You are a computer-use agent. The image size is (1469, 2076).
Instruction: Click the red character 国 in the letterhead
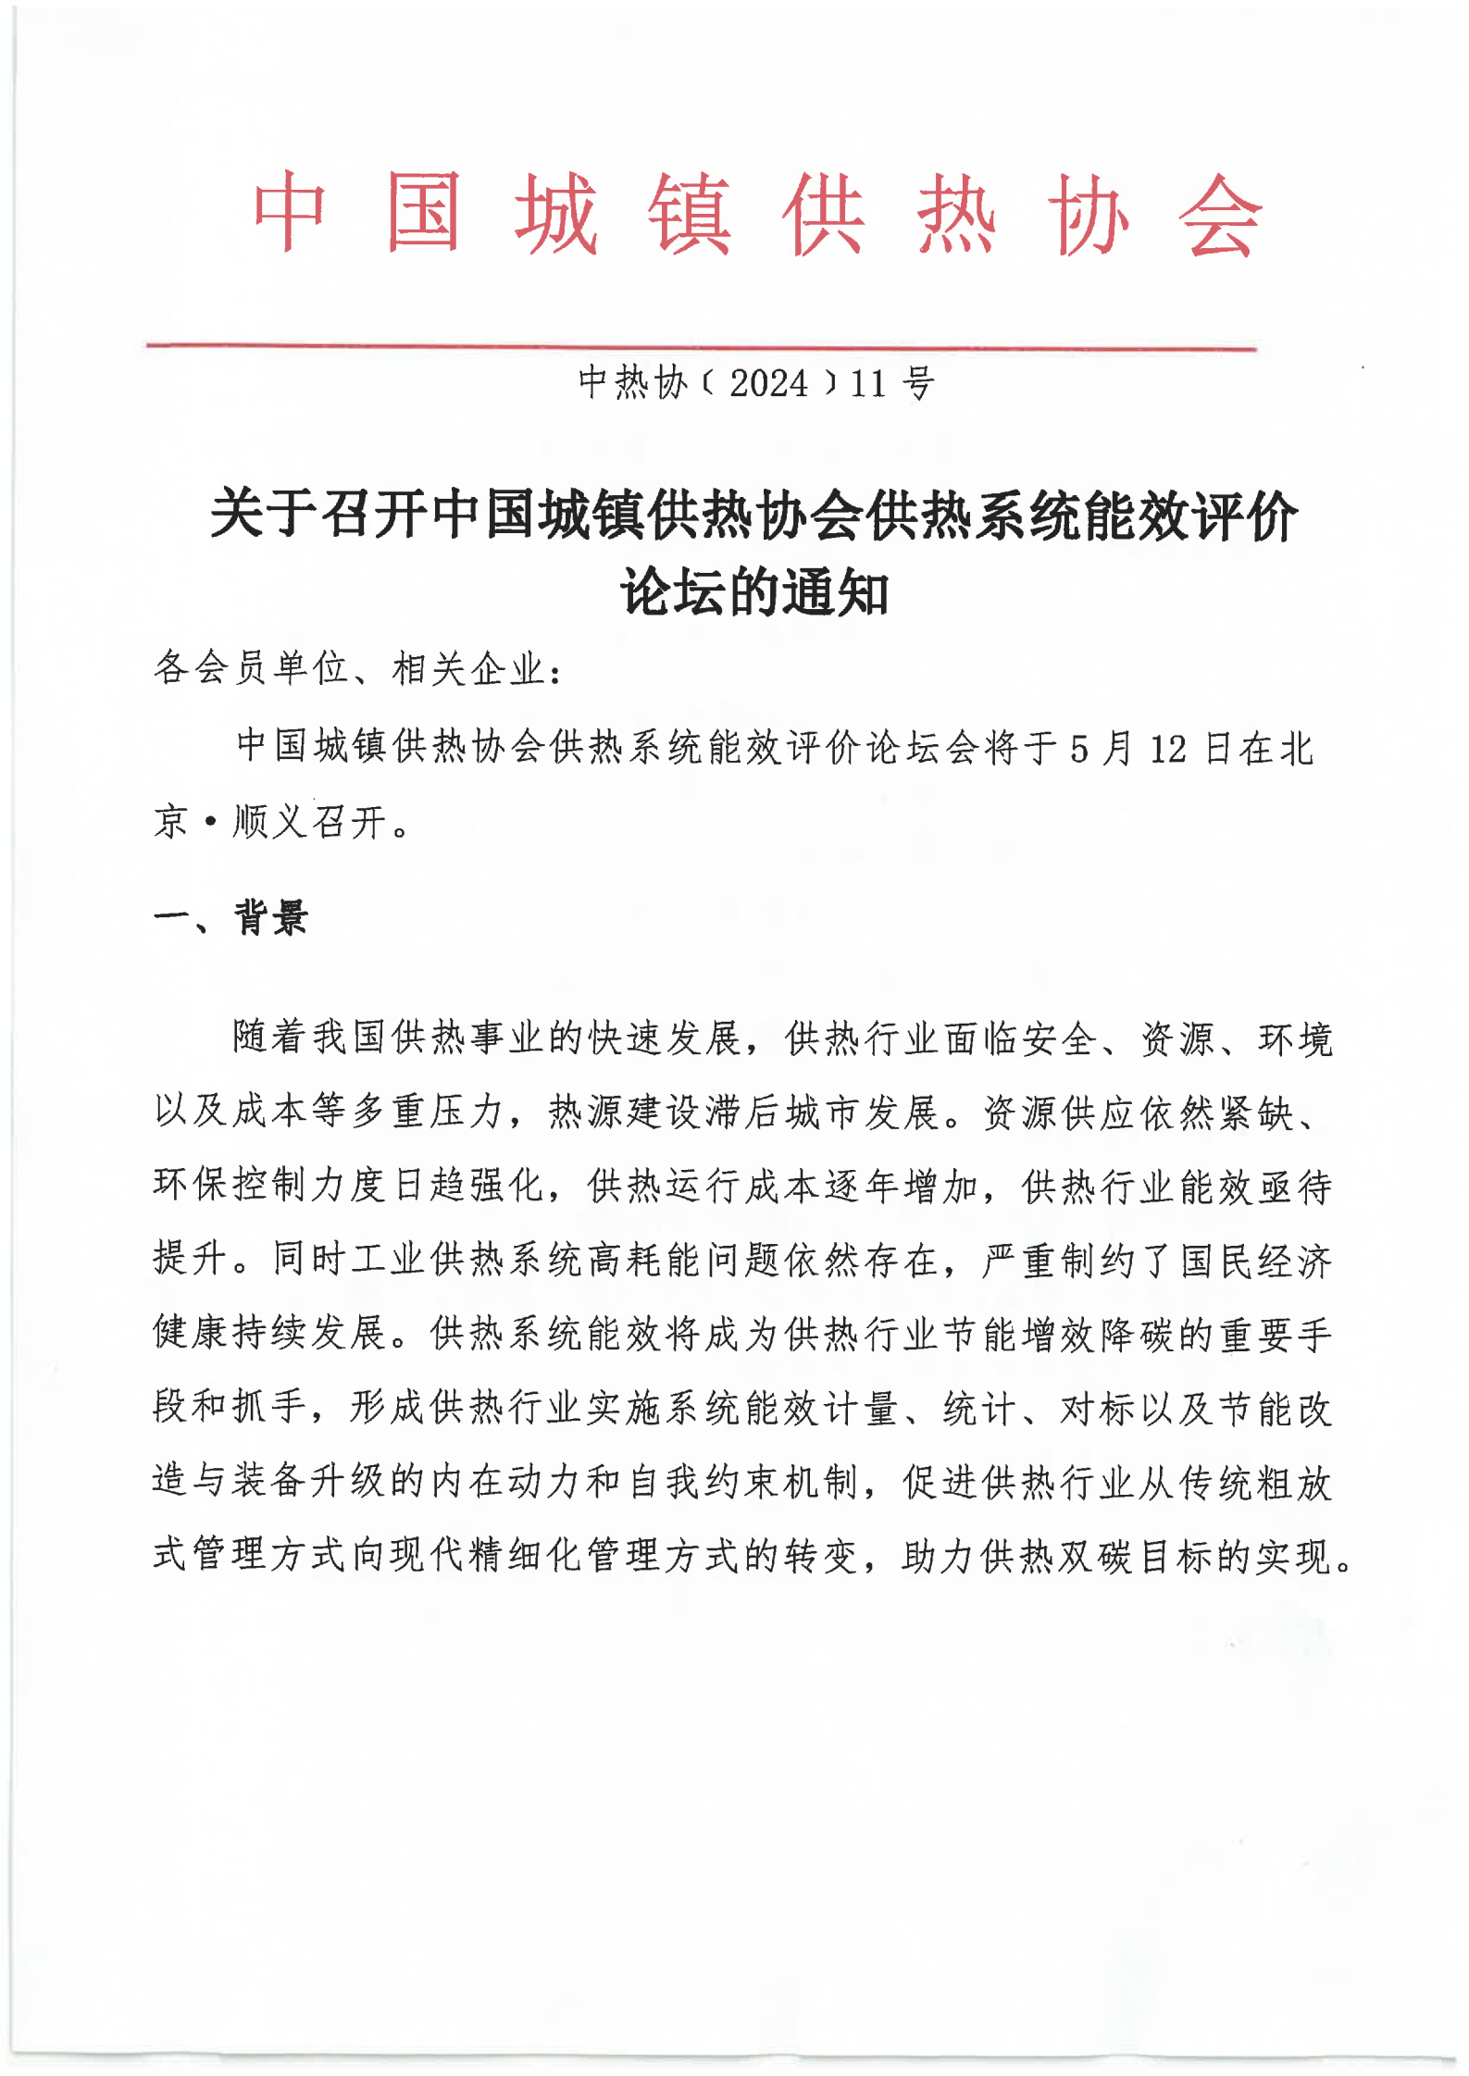[x=424, y=214]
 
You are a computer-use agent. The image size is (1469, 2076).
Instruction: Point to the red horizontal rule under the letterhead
[x=701, y=347]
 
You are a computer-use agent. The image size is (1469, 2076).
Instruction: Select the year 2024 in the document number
[x=768, y=383]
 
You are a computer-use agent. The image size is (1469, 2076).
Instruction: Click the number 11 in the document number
[x=868, y=383]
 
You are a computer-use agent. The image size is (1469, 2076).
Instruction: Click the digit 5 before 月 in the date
[x=1078, y=748]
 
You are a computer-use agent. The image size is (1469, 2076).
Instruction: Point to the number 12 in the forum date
[x=1167, y=748]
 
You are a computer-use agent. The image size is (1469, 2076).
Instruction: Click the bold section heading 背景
[x=270, y=917]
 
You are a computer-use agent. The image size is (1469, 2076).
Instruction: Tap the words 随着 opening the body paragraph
[x=270, y=1038]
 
